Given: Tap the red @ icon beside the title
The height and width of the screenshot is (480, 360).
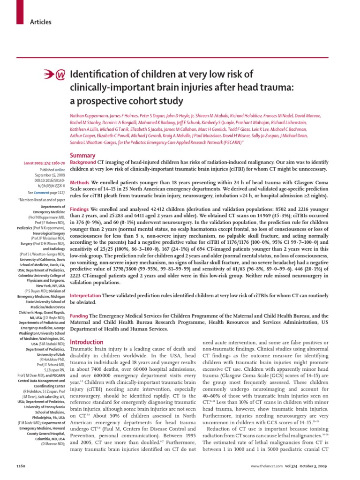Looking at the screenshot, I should click(60, 75).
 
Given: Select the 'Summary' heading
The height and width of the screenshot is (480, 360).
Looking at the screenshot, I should click(82, 155).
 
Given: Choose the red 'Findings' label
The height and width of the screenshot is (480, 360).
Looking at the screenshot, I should click(82, 209).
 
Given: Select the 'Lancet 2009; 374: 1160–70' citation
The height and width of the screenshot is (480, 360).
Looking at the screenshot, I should click(45, 163).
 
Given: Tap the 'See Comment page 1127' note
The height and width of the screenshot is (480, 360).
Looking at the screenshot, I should click(46, 193).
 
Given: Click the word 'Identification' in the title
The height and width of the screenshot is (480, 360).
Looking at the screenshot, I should click(97, 75).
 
